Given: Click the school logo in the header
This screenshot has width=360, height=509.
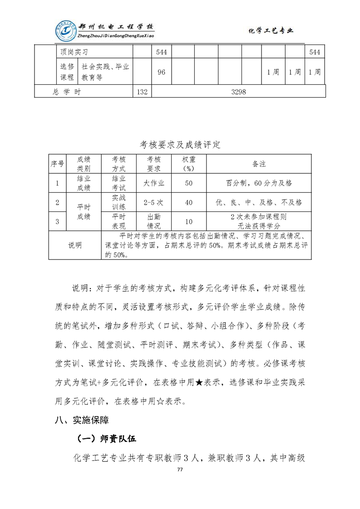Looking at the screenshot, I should [66, 31].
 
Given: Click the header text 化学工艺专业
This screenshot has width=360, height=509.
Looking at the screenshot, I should [271, 31].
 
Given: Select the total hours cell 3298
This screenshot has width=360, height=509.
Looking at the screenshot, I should [238, 92].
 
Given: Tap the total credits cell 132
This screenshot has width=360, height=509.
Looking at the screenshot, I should [142, 92].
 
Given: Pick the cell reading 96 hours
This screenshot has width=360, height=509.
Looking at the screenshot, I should [161, 72].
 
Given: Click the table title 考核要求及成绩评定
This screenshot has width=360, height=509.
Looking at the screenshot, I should [180, 145].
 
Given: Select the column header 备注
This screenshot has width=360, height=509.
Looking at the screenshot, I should [259, 163].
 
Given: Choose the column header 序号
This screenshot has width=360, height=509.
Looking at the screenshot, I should [57, 163].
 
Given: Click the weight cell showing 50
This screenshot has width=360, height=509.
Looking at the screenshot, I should [189, 183].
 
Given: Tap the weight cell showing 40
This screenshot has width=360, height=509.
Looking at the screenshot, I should [189, 202].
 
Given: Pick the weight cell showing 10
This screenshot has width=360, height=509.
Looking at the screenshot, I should [189, 221].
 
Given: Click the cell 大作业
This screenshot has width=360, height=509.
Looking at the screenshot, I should [154, 183].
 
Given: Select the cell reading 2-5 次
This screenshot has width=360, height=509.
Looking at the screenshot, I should [154, 202].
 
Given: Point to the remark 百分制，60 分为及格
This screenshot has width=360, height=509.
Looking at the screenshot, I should [259, 183].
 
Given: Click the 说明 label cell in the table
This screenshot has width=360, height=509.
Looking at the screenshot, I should [75, 245].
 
